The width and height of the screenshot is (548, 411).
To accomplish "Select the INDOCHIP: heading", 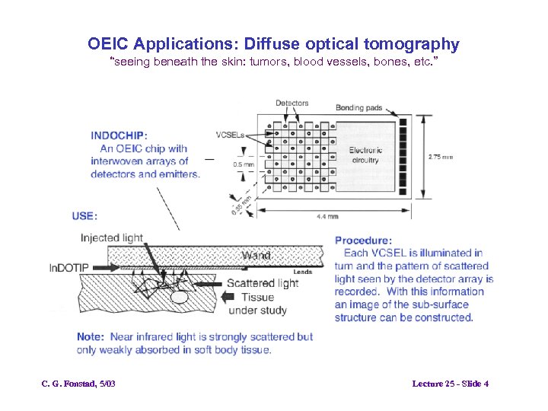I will (x=119, y=135).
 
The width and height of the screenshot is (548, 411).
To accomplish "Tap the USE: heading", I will (x=84, y=216).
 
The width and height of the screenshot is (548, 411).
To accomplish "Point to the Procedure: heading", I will (x=363, y=241).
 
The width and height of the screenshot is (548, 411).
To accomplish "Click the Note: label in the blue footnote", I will (x=91, y=337).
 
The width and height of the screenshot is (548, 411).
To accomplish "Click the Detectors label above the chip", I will (x=292, y=104).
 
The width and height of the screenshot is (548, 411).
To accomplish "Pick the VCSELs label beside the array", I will (x=229, y=135).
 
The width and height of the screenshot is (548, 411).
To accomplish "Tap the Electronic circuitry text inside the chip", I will (x=365, y=155).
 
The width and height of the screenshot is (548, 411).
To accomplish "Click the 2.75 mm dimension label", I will (x=440, y=158).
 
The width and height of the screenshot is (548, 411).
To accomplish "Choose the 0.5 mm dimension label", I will (x=244, y=164).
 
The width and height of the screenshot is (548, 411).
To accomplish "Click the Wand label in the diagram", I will (x=256, y=256).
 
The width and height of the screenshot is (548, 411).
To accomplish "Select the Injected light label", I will (x=112, y=238).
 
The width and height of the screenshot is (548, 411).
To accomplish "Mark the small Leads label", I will (x=302, y=272).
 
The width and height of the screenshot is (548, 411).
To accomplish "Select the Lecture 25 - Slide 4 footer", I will (x=450, y=384).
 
